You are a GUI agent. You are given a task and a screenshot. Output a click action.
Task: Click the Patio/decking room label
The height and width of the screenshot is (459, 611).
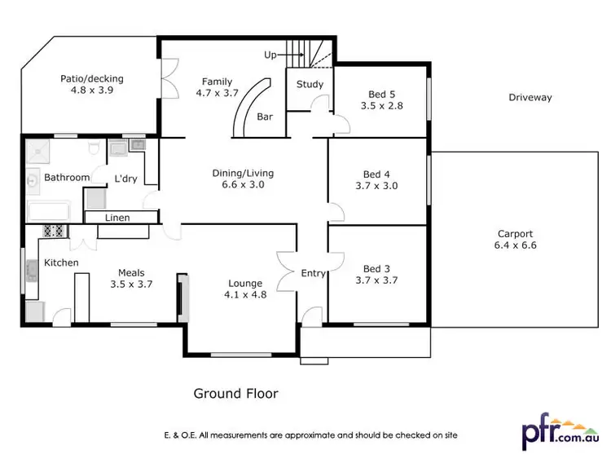tap(91, 79)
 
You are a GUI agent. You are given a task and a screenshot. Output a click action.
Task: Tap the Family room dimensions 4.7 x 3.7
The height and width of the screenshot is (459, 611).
tap(218, 94)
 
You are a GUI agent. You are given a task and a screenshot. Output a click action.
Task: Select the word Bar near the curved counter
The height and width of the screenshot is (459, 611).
tap(265, 117)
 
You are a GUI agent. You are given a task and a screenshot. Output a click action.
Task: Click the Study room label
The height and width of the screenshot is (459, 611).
tap(310, 84)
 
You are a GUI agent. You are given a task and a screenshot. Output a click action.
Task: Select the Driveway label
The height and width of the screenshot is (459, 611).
tap(530, 98)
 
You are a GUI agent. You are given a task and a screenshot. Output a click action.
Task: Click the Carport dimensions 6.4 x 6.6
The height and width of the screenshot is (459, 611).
tap(515, 245)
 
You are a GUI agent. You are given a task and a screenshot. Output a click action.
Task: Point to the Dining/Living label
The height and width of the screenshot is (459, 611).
tap(243, 173)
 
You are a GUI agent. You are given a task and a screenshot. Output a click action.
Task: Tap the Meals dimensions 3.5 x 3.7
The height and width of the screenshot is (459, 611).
tap(131, 285)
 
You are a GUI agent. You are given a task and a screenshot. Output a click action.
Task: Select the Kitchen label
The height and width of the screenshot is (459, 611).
tap(61, 263)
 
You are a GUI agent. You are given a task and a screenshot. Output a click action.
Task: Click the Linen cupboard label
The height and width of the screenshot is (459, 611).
tap(117, 218)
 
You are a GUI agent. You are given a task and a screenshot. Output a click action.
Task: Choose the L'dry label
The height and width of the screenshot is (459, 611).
tap(125, 178)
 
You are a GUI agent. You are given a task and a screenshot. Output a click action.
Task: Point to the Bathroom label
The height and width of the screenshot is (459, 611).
tap(67, 177)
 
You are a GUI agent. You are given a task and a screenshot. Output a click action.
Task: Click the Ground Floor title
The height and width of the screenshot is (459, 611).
tap(235, 394)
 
